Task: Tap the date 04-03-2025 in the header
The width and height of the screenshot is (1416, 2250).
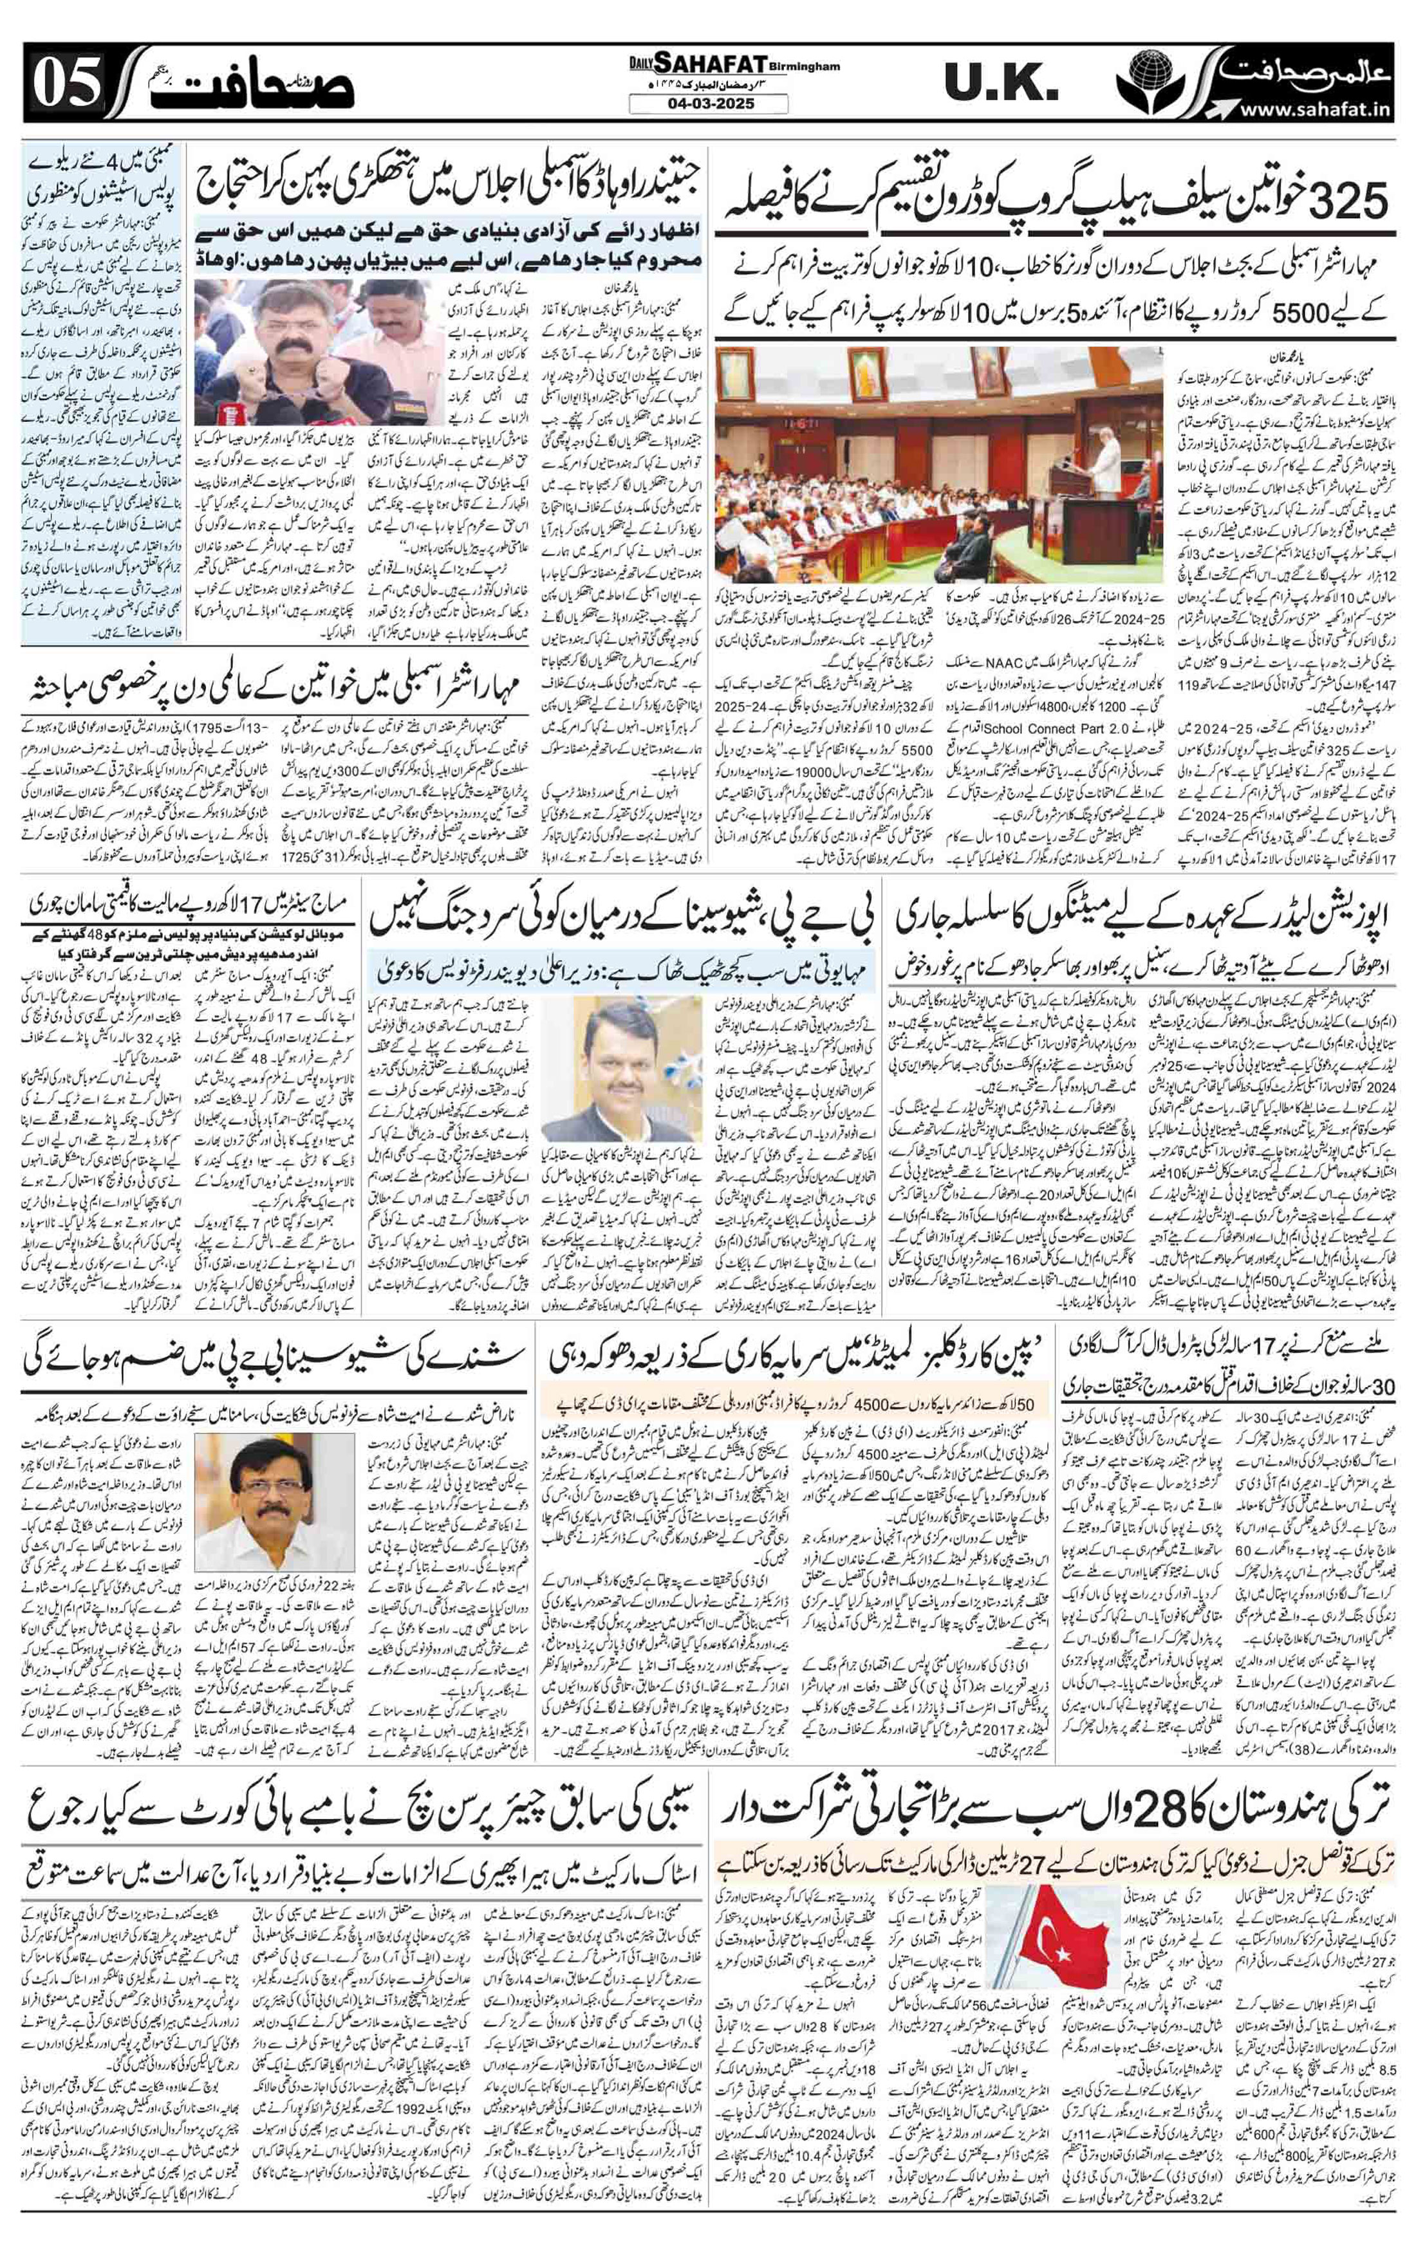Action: [707, 105]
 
